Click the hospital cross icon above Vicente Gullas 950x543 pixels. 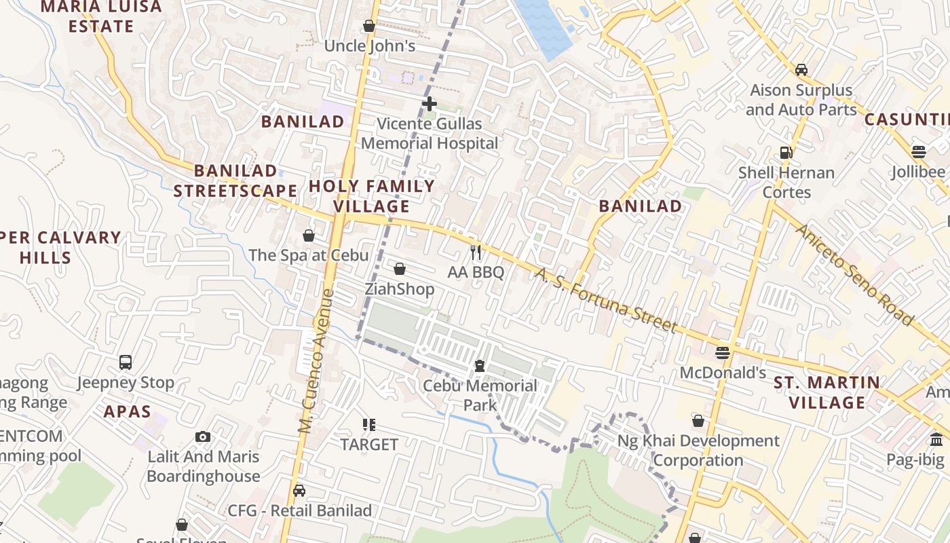(x=429, y=103)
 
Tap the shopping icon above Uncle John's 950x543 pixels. (x=369, y=26)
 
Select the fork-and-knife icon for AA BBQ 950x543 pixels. (x=476, y=252)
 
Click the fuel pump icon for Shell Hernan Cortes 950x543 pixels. (x=786, y=153)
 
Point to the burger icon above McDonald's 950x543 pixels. (x=723, y=352)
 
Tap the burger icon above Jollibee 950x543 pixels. (x=919, y=151)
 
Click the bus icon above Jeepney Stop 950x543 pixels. (x=126, y=362)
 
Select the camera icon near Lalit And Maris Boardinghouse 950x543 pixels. (x=203, y=436)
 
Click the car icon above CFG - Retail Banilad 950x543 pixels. (x=299, y=490)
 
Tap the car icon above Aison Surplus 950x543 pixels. (x=801, y=69)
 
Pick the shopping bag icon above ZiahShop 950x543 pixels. (x=400, y=269)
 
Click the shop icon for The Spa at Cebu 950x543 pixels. (x=309, y=236)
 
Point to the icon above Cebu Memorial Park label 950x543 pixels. (x=480, y=366)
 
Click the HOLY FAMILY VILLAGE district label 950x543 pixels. (x=372, y=196)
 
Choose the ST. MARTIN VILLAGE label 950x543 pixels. (x=828, y=392)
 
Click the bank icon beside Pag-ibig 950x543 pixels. (x=937, y=439)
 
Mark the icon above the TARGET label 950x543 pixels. (x=369, y=425)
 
